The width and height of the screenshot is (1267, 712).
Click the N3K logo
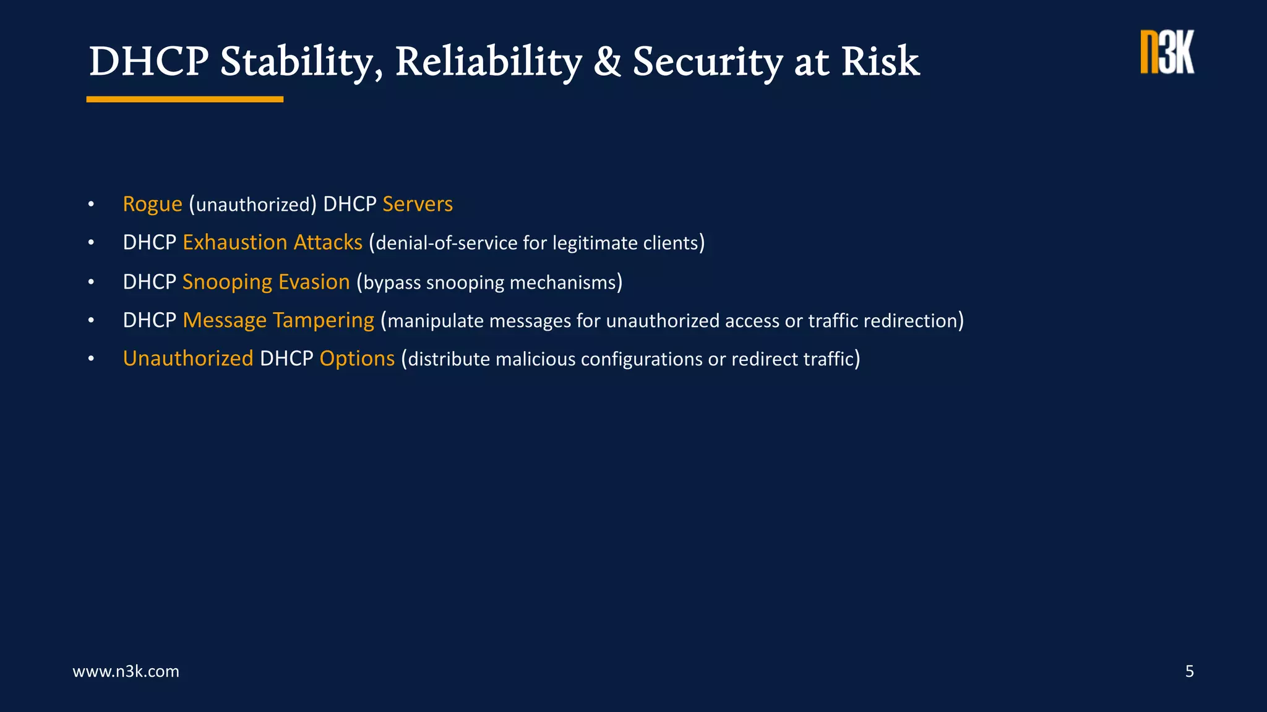coord(1167,53)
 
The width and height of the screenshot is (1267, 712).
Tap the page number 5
coord(1189,671)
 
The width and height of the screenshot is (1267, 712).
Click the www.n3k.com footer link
coord(126,671)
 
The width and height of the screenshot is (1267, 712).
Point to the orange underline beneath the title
coord(184,99)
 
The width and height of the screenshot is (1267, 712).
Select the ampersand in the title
coord(607,62)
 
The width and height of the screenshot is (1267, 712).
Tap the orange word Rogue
coord(152,205)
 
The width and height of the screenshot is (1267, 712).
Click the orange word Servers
coord(418,205)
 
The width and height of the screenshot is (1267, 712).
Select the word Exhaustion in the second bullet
coord(235,243)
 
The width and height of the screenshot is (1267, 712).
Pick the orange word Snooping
coord(227,282)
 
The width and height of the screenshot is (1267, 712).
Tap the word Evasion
coord(314,282)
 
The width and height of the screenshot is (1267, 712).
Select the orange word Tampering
coord(323,321)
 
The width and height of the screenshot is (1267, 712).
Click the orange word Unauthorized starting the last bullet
coord(188,359)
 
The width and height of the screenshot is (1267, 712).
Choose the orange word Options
coord(357,359)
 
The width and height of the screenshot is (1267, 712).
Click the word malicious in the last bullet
coord(535,360)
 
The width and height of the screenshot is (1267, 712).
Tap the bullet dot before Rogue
coord(91,205)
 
